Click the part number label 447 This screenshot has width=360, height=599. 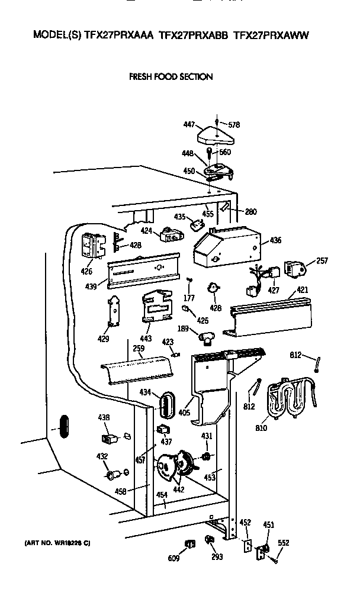[188, 125]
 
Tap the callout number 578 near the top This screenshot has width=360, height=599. [234, 125]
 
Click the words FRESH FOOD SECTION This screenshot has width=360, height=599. [171, 77]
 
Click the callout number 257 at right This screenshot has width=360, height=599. [322, 260]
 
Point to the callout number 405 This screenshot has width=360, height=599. [184, 411]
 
